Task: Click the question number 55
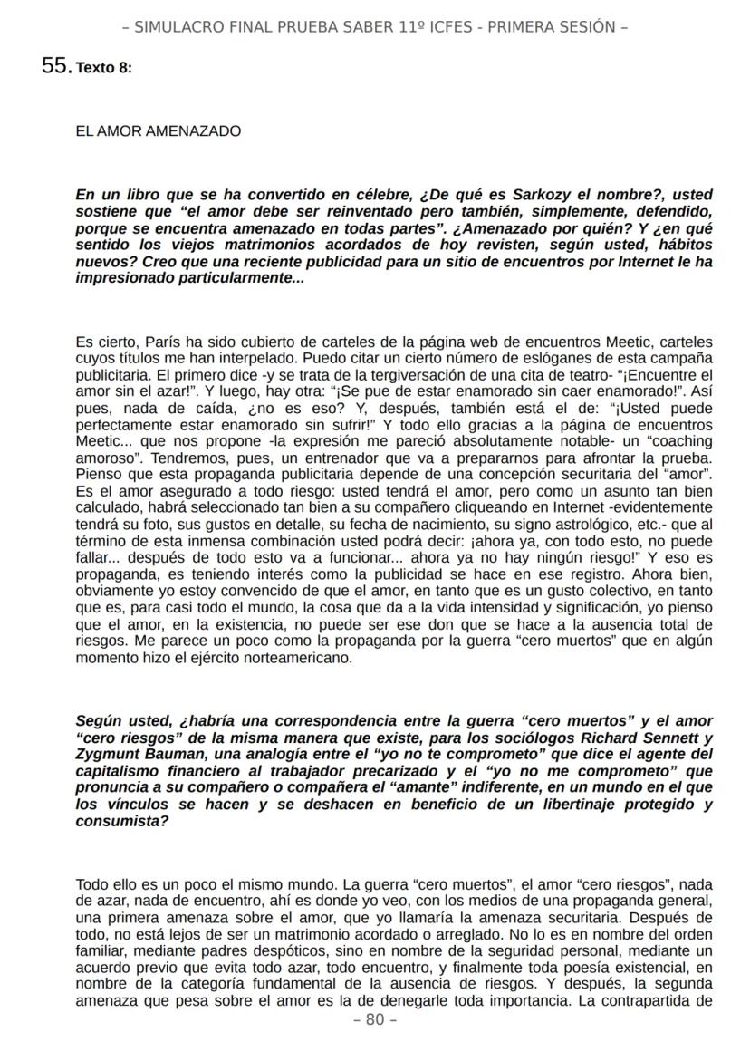pos(56,66)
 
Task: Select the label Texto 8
pos(104,68)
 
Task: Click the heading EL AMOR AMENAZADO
pos(159,131)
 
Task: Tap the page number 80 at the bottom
pos(374,1019)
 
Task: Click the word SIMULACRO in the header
pos(176,27)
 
